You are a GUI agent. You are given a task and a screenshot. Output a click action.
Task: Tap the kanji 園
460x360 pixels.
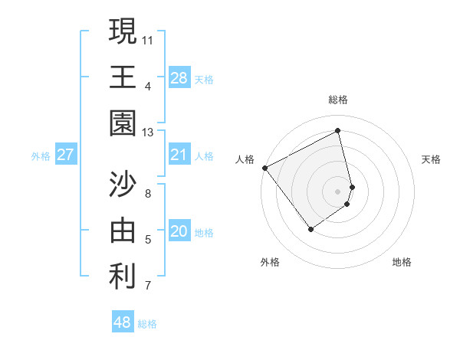point(123,123)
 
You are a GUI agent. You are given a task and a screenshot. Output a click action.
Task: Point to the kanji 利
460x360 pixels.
point(123,277)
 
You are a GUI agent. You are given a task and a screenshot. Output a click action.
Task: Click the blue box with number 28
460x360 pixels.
point(179,78)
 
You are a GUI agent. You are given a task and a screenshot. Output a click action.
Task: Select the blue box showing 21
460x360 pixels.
point(179,155)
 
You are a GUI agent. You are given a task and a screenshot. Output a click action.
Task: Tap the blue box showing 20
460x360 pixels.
point(179,232)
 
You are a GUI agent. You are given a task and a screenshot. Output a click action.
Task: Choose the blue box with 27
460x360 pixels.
point(66,155)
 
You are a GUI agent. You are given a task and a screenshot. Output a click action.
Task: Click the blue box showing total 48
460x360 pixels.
point(123,323)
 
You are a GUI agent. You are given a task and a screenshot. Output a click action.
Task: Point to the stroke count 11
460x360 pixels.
point(148,39)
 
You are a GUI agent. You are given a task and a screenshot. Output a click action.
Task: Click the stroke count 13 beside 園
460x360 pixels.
point(148,133)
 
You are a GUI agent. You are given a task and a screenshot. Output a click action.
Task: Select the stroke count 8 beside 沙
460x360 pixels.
point(148,193)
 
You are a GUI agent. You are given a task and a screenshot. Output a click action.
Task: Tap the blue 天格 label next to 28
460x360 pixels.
point(204,79)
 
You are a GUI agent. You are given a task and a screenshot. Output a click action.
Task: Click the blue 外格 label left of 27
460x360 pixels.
point(41,156)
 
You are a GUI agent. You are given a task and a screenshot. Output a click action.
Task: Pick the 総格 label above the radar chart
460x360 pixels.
point(338,100)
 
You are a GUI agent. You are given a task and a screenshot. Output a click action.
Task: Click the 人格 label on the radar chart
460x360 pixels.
point(245,159)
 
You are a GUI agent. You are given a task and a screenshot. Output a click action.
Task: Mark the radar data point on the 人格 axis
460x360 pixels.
point(264,168)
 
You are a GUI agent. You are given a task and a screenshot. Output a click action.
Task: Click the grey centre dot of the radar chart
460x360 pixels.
point(338,191)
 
